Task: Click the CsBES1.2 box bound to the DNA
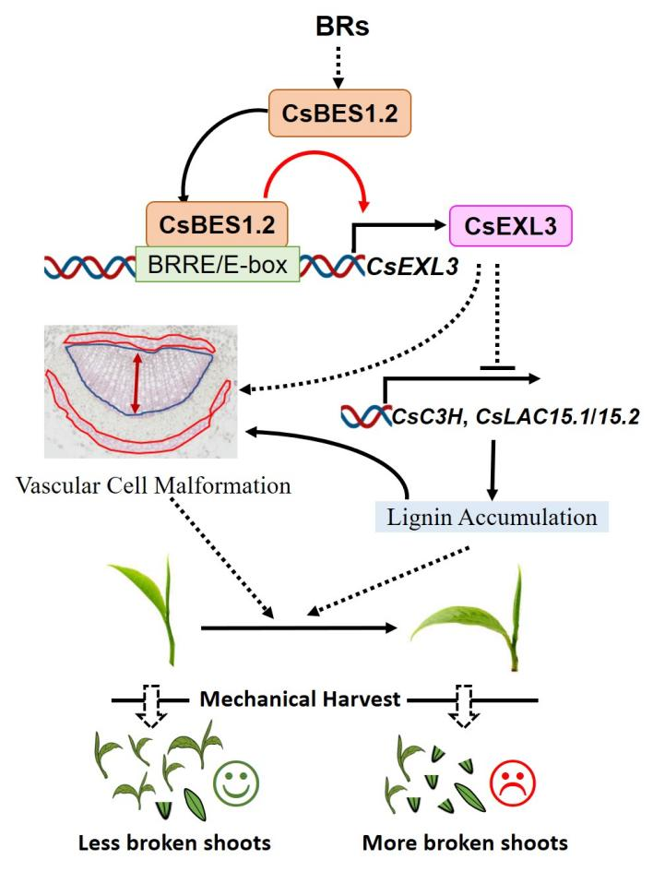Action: pos(214,224)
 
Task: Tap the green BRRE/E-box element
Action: pos(218,264)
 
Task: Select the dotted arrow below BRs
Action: pos(338,66)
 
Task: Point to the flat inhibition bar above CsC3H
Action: pos(498,367)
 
